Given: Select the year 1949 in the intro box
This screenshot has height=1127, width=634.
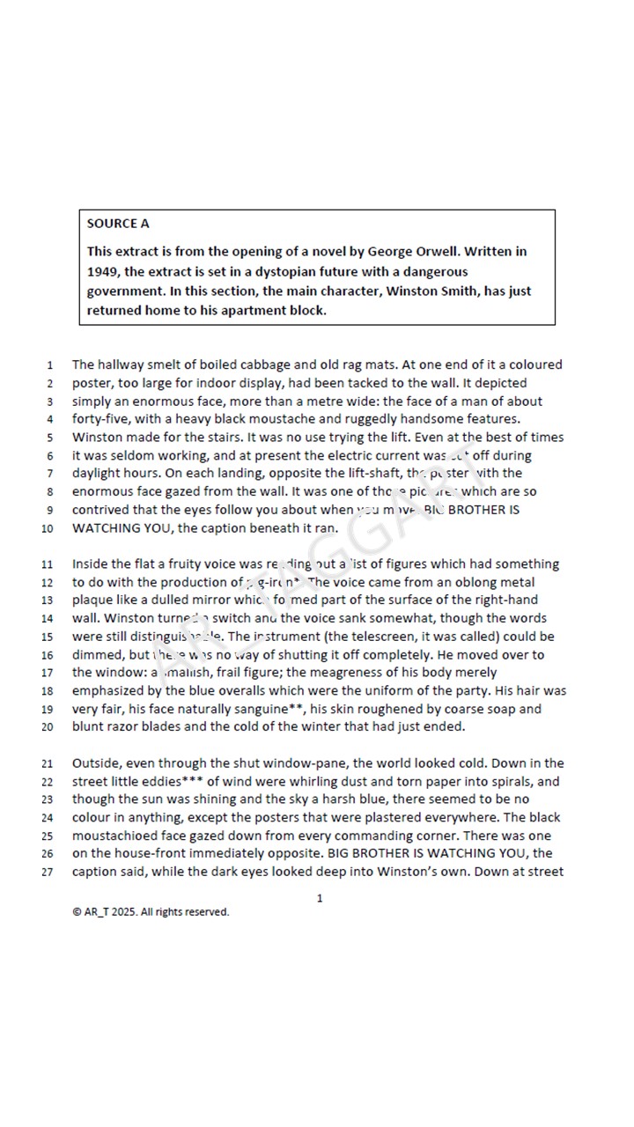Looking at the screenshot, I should (104, 272).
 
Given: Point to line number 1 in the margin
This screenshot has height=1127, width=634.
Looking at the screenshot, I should (50, 365).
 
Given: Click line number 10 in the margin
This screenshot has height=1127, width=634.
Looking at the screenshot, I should (48, 529).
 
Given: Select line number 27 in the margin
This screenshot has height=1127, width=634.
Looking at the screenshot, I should (48, 873).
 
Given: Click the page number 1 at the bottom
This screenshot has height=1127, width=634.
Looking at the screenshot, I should (320, 898).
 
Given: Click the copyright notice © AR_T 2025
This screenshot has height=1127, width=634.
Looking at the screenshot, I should (151, 912).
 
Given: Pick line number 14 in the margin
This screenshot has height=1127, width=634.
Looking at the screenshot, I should (48, 619).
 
